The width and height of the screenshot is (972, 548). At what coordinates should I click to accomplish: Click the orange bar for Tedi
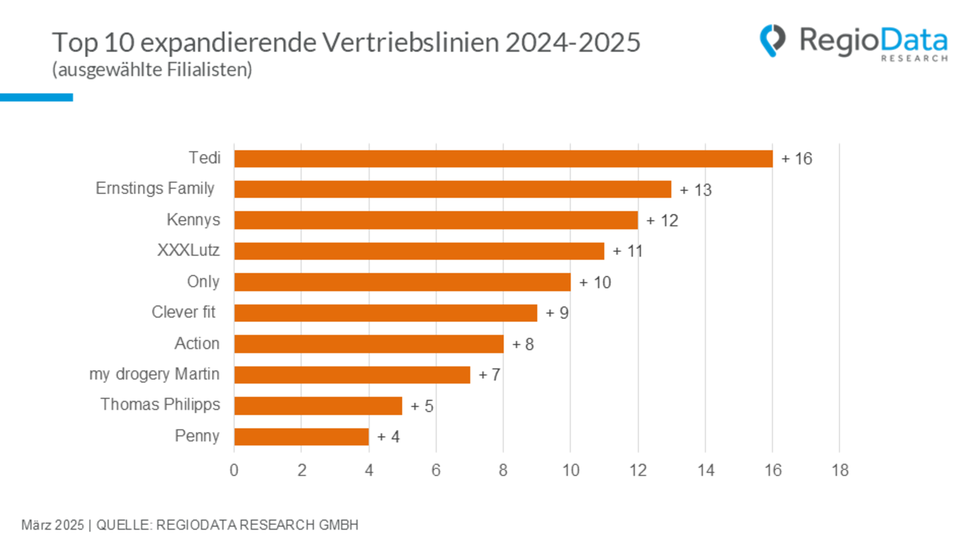[x=503, y=159]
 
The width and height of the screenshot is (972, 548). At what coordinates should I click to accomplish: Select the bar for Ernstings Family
[x=453, y=189]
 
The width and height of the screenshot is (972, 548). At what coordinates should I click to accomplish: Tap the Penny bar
[x=301, y=437]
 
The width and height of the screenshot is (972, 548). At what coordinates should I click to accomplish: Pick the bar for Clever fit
[x=386, y=313]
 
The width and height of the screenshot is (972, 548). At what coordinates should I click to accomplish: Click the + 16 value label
[x=797, y=159]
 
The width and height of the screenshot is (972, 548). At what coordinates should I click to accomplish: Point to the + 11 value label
[x=627, y=251]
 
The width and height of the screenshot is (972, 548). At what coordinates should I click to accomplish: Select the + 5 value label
[x=421, y=406]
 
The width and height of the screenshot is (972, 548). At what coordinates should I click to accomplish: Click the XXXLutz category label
[x=188, y=250]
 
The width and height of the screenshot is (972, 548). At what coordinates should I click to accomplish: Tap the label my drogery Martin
[x=154, y=374]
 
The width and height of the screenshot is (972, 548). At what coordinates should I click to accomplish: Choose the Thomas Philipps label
[x=160, y=405]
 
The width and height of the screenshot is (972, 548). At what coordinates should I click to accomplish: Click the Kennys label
[x=193, y=220]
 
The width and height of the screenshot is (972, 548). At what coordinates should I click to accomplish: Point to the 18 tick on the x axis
[x=840, y=470]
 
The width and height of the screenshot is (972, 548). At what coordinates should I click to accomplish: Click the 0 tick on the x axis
[x=234, y=470]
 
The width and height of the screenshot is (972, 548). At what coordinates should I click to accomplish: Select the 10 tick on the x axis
[x=571, y=470]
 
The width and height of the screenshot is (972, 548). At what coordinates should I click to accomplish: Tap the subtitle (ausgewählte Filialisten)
[x=152, y=70]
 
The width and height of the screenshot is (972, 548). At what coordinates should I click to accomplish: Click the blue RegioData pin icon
[x=772, y=40]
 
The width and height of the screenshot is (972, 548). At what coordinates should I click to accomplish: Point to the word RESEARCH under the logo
[x=914, y=58]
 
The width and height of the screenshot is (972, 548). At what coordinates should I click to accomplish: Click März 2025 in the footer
[x=52, y=525]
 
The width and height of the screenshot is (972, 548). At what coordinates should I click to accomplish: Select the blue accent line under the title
[x=37, y=97]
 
